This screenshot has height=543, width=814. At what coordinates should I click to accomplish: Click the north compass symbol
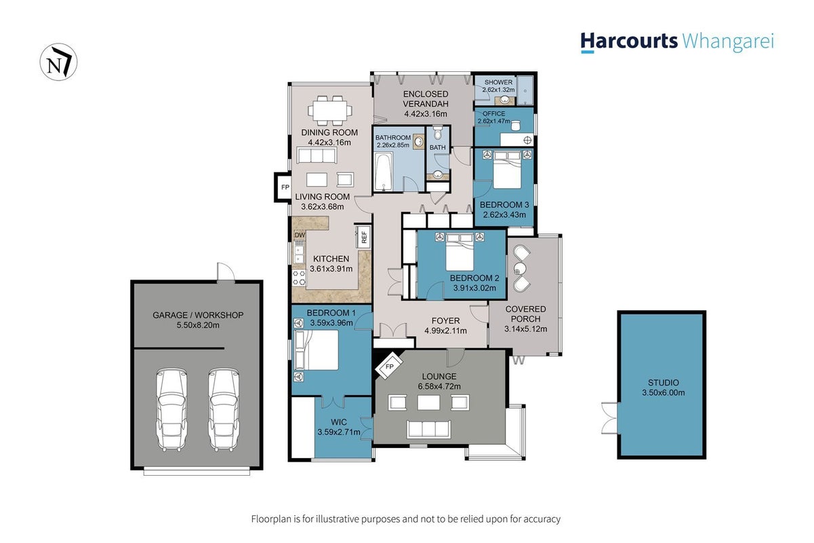click(x=58, y=62)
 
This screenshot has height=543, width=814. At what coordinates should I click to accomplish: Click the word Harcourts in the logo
click(x=629, y=41)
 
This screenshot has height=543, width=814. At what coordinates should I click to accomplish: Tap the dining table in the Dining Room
click(x=330, y=110)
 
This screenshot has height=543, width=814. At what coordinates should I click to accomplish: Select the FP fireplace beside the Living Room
click(x=283, y=187)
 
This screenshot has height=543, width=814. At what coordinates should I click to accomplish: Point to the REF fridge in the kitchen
click(x=363, y=238)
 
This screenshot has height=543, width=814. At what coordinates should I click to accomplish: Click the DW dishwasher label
click(x=300, y=235)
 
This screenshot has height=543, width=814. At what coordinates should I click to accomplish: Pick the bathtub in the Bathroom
click(x=384, y=172)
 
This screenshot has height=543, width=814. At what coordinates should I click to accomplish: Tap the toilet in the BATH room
click(x=438, y=133)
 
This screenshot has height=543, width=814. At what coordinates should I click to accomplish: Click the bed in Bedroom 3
click(x=507, y=170)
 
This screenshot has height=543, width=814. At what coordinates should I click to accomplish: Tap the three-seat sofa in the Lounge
click(x=429, y=429)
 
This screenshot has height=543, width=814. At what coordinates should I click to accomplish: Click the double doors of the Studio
click(x=610, y=418)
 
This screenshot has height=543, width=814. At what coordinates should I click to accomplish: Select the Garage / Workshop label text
click(x=198, y=315)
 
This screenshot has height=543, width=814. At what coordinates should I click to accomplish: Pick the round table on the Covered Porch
click(x=521, y=269)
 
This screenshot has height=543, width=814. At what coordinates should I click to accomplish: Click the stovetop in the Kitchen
click(x=299, y=278)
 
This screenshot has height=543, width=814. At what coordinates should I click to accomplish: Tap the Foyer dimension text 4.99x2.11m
click(x=445, y=331)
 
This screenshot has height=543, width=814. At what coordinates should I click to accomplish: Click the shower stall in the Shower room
click(x=525, y=91)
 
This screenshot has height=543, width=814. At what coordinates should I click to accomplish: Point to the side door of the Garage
click(x=226, y=271)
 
